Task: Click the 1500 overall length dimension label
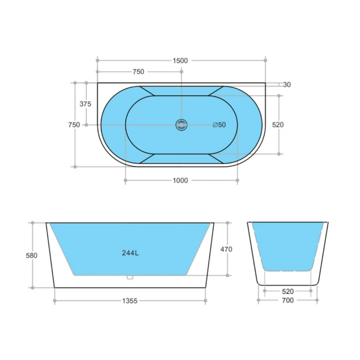click(180, 60)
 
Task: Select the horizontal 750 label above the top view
click(138, 71)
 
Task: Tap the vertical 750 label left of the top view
click(74, 125)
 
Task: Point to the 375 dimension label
click(85, 104)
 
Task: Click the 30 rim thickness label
click(287, 85)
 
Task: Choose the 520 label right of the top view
click(278, 125)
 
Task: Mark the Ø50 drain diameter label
click(219, 125)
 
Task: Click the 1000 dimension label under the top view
click(180, 180)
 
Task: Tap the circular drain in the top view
click(180, 125)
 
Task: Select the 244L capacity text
click(130, 252)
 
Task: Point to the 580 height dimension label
click(32, 256)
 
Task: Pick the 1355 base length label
click(129, 301)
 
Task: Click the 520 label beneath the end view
click(287, 291)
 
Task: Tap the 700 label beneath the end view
click(287, 300)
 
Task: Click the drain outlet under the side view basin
click(129, 277)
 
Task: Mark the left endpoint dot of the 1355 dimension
click(54, 301)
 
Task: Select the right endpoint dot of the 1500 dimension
click(265, 60)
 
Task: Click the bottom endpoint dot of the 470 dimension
click(228, 275)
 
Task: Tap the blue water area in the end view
click(287, 246)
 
